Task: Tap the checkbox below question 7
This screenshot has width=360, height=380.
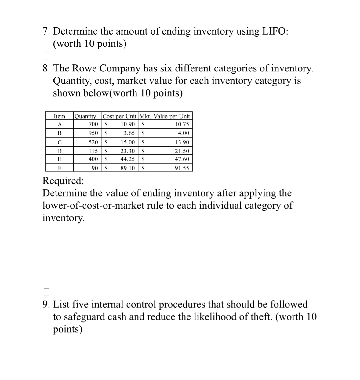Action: pyautogui.click(x=46, y=56)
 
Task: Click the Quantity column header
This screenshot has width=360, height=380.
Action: pyautogui.click(x=85, y=116)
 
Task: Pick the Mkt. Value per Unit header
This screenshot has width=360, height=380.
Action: pyautogui.click(x=165, y=116)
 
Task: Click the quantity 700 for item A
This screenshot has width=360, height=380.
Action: pyautogui.click(x=93, y=124)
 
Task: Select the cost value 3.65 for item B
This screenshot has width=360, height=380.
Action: pyautogui.click(x=129, y=133)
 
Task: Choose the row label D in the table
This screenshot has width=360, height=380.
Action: pyautogui.click(x=60, y=151)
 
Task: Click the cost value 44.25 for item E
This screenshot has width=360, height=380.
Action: pyautogui.click(x=127, y=159)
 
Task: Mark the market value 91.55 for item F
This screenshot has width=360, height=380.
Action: pyautogui.click(x=182, y=168)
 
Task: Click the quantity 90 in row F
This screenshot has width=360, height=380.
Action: pyautogui.click(x=95, y=168)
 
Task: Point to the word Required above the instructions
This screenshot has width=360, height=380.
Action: pyautogui.click(x=63, y=181)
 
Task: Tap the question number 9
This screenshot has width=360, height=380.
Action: pyautogui.click(x=45, y=305)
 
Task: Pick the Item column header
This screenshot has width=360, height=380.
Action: pyautogui.click(x=59, y=116)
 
